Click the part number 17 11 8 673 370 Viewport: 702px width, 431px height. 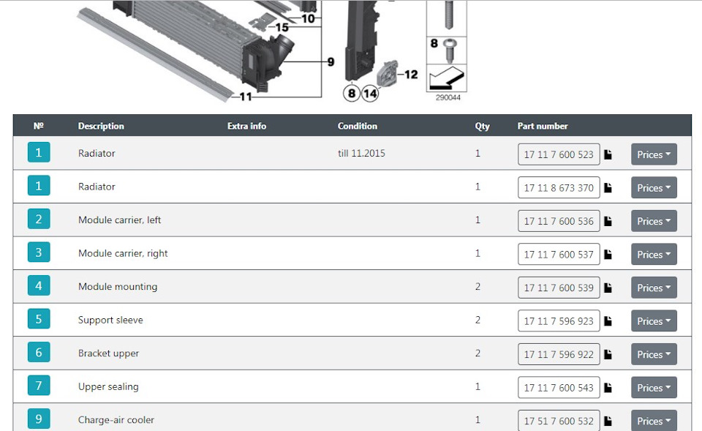click(559, 188)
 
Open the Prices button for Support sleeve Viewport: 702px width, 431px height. click(654, 321)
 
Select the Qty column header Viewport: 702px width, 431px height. click(482, 126)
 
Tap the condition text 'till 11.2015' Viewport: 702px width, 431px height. click(361, 153)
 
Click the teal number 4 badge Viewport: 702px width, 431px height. click(39, 285)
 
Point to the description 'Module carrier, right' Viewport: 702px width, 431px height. click(123, 253)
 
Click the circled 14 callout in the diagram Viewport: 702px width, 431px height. click(370, 94)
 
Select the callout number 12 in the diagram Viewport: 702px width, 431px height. click(410, 75)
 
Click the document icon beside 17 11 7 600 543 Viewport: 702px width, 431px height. click(608, 388)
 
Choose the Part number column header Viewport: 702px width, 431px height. click(543, 126)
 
